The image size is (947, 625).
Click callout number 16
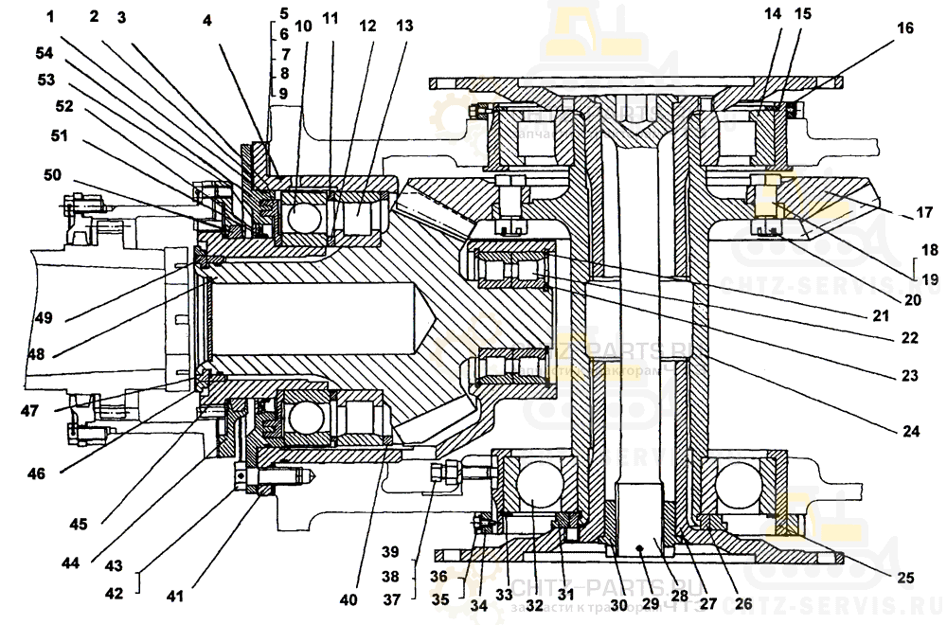pos(905,28)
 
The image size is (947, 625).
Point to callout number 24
pos(911,430)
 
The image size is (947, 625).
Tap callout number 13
pos(403,27)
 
